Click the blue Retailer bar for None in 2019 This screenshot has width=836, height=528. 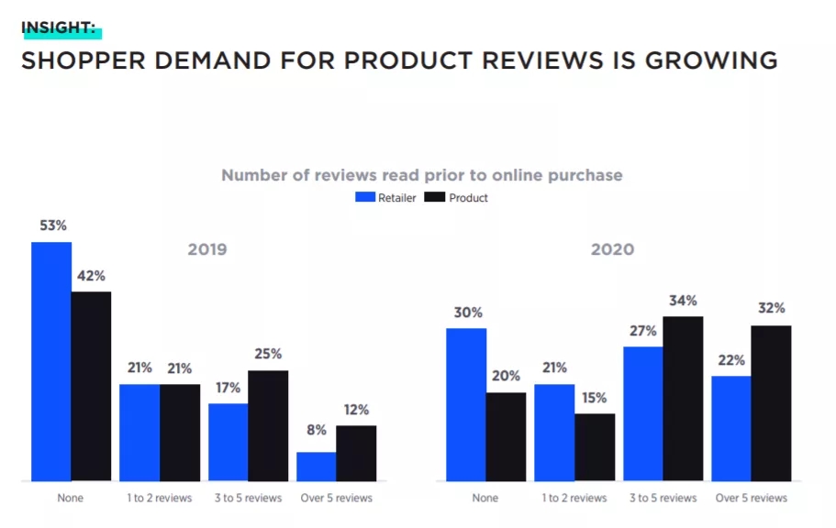[51, 361]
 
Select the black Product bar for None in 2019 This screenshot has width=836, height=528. [91, 386]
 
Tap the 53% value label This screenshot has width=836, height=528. [52, 225]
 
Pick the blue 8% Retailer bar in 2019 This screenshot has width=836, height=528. [316, 467]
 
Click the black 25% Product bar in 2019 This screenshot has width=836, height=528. [268, 425]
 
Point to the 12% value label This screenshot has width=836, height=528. [356, 410]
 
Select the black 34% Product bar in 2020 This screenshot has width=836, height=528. [683, 399]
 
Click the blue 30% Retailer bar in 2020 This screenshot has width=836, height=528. [466, 404]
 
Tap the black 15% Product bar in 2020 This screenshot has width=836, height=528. [595, 447]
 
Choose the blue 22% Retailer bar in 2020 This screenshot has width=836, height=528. [730, 428]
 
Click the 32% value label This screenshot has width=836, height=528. [772, 309]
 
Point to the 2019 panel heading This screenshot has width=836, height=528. [207, 249]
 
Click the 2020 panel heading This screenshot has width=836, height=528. [613, 249]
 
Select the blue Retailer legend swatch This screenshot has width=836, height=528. [365, 197]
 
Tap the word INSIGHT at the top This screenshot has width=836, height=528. [58, 27]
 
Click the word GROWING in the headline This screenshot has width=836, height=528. [711, 61]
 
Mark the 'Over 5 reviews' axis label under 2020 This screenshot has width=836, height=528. [751, 498]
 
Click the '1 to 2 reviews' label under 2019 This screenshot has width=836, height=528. [160, 498]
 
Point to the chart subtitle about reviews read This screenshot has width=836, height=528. [422, 175]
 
